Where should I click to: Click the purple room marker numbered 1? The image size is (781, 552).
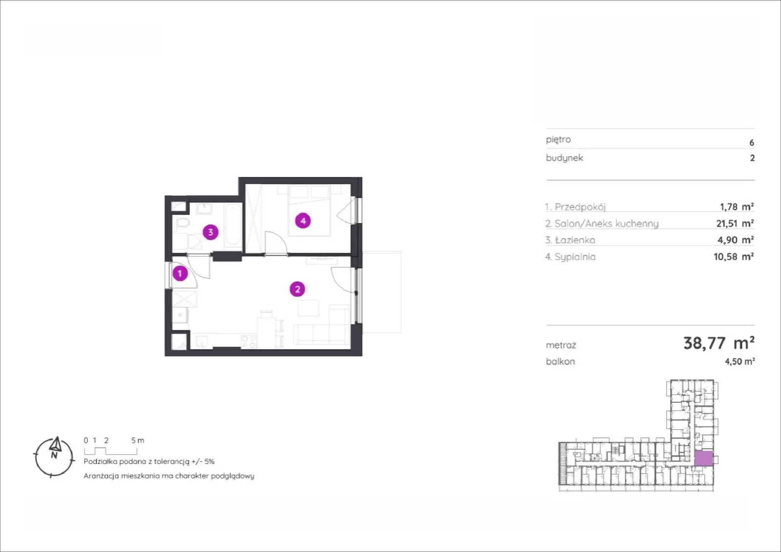(x=180, y=274)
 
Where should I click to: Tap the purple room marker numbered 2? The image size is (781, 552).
(x=297, y=289)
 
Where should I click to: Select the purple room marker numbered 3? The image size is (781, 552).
(x=210, y=232)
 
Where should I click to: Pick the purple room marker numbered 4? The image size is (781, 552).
(x=303, y=221)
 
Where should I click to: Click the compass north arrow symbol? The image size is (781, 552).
(x=55, y=445)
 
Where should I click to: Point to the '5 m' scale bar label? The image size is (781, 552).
(x=137, y=440)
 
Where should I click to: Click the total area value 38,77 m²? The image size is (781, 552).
(x=719, y=343)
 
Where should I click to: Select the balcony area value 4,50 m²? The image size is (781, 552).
(x=740, y=361)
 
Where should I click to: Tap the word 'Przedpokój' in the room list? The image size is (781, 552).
(x=580, y=207)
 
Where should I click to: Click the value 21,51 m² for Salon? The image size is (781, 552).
(x=735, y=223)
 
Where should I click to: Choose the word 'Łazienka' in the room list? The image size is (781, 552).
(x=575, y=240)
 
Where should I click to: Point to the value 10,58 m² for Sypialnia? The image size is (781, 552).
(x=734, y=256)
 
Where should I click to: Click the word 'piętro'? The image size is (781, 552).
(x=558, y=139)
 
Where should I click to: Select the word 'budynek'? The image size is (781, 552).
(x=564, y=158)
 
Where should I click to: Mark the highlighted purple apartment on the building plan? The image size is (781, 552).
(x=703, y=459)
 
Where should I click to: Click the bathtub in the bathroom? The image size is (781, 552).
(x=233, y=225)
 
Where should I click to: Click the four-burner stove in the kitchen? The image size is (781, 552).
(x=249, y=341)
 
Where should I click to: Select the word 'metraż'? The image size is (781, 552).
(x=561, y=345)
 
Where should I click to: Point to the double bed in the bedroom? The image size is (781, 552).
(x=309, y=210)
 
